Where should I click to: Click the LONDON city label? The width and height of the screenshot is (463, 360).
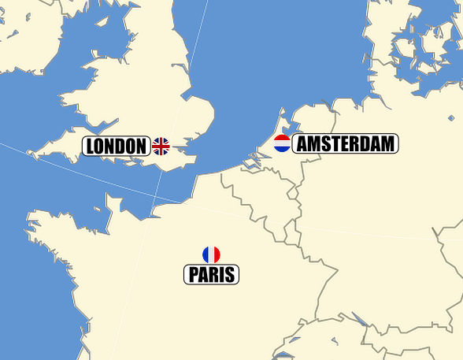pyautogui.click(x=116, y=146)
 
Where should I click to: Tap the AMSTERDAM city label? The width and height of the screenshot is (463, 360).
pyautogui.click(x=345, y=143)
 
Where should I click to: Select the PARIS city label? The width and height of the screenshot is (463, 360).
pyautogui.click(x=211, y=275)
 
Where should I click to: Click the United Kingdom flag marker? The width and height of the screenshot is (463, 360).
pyautogui.click(x=161, y=146)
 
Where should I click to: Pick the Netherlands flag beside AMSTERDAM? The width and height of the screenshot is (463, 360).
pyautogui.click(x=282, y=143)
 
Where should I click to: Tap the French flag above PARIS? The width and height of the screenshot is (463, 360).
pyautogui.click(x=211, y=254)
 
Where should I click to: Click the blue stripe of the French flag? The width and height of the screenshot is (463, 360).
pyautogui.click(x=206, y=254)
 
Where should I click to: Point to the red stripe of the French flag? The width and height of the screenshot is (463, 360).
pyautogui.click(x=217, y=254)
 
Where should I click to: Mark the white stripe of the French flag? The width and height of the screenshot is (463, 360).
pyautogui.click(x=211, y=254)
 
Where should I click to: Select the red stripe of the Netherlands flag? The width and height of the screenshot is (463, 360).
pyautogui.click(x=282, y=138)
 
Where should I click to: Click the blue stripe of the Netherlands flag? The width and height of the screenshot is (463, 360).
pyautogui.click(x=282, y=149)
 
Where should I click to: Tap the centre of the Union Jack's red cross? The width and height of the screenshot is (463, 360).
pyautogui.click(x=161, y=146)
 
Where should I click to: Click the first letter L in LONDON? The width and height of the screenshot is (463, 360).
pyautogui.click(x=91, y=146)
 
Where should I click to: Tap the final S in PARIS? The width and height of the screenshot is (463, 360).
pyautogui.click(x=230, y=275)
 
